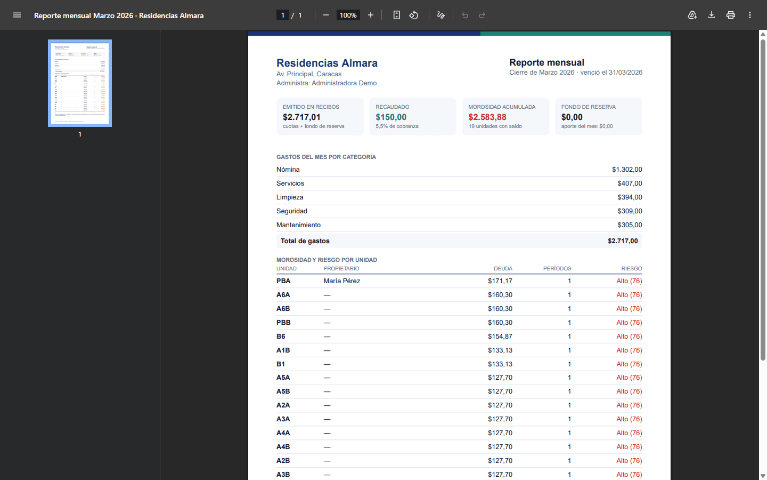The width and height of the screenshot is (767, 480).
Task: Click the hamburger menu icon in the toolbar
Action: click(17, 15)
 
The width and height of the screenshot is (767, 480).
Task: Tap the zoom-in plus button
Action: click(371, 15)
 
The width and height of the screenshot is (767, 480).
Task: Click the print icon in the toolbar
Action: click(730, 15)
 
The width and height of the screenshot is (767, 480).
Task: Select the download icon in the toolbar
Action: click(711, 15)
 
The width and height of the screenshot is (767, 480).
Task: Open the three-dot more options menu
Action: click(749, 15)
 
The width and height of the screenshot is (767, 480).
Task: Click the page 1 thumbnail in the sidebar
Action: click(80, 83)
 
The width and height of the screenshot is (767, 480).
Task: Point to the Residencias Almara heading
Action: click(327, 63)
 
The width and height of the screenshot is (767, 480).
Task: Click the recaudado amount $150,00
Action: click(391, 117)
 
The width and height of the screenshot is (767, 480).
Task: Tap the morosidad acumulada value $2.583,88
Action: click(487, 117)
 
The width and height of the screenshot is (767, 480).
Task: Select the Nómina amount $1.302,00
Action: click(626, 170)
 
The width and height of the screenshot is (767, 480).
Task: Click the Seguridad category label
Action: click(292, 211)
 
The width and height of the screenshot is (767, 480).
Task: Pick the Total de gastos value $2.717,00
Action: click(623, 241)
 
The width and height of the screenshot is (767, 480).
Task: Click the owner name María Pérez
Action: click(342, 281)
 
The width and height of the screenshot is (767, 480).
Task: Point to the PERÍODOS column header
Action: click(557, 268)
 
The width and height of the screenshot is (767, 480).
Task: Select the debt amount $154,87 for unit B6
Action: click(500, 337)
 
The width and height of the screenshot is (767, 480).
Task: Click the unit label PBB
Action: click(283, 323)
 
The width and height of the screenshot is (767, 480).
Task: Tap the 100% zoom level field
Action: click(348, 15)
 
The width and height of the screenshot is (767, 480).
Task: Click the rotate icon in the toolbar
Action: click(414, 15)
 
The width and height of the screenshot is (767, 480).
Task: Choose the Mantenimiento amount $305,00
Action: click(630, 225)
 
